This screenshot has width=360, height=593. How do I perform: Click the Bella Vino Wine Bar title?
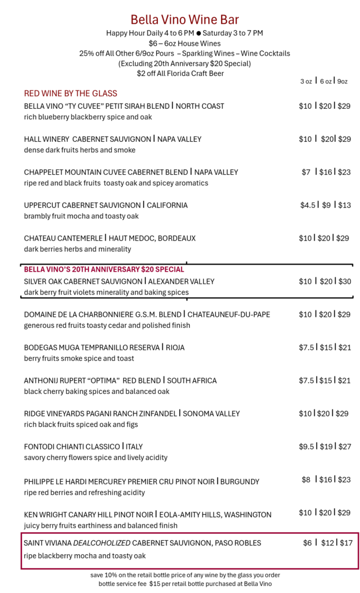point(184,20)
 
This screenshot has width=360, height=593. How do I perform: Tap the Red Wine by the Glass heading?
point(71,93)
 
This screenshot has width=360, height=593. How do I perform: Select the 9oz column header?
point(341,81)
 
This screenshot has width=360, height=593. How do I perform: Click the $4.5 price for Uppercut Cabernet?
point(307,205)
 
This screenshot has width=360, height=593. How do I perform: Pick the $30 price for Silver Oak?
point(344,281)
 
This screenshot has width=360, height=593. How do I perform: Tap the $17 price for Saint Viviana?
point(346,543)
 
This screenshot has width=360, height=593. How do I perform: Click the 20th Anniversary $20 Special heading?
point(104,269)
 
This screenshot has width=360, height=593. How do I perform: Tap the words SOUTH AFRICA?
point(193,380)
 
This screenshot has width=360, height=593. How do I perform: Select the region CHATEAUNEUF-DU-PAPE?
point(229,314)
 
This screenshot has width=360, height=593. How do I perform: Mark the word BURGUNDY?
point(240,481)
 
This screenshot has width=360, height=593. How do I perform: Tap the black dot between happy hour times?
point(199,34)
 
